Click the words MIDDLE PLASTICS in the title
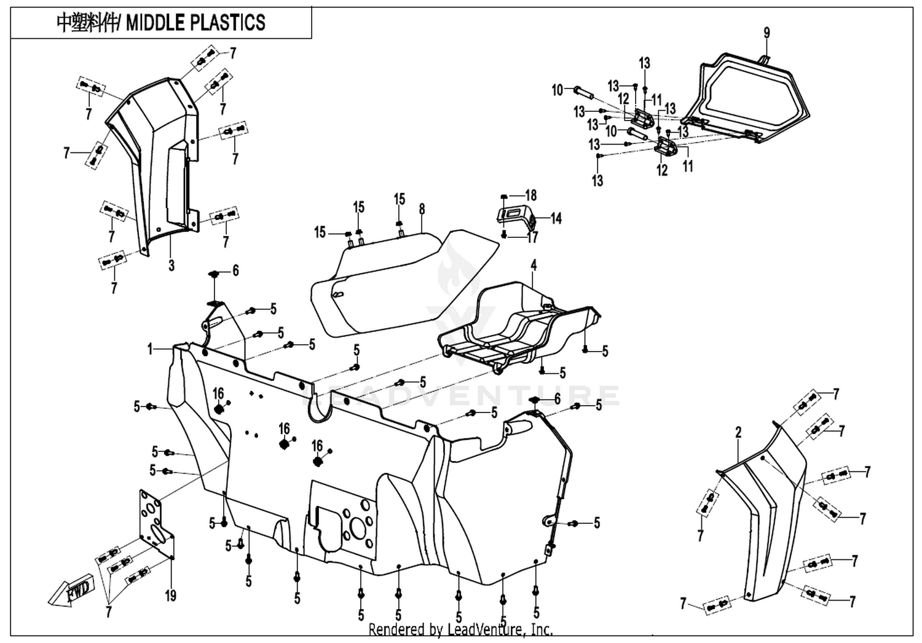[195, 22]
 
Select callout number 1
[150, 350]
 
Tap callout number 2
[738, 432]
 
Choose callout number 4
[534, 265]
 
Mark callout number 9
[766, 33]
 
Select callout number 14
[556, 219]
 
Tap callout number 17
[532, 237]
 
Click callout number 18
[531, 195]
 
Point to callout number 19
[170, 595]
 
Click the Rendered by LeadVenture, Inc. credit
[460, 629]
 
